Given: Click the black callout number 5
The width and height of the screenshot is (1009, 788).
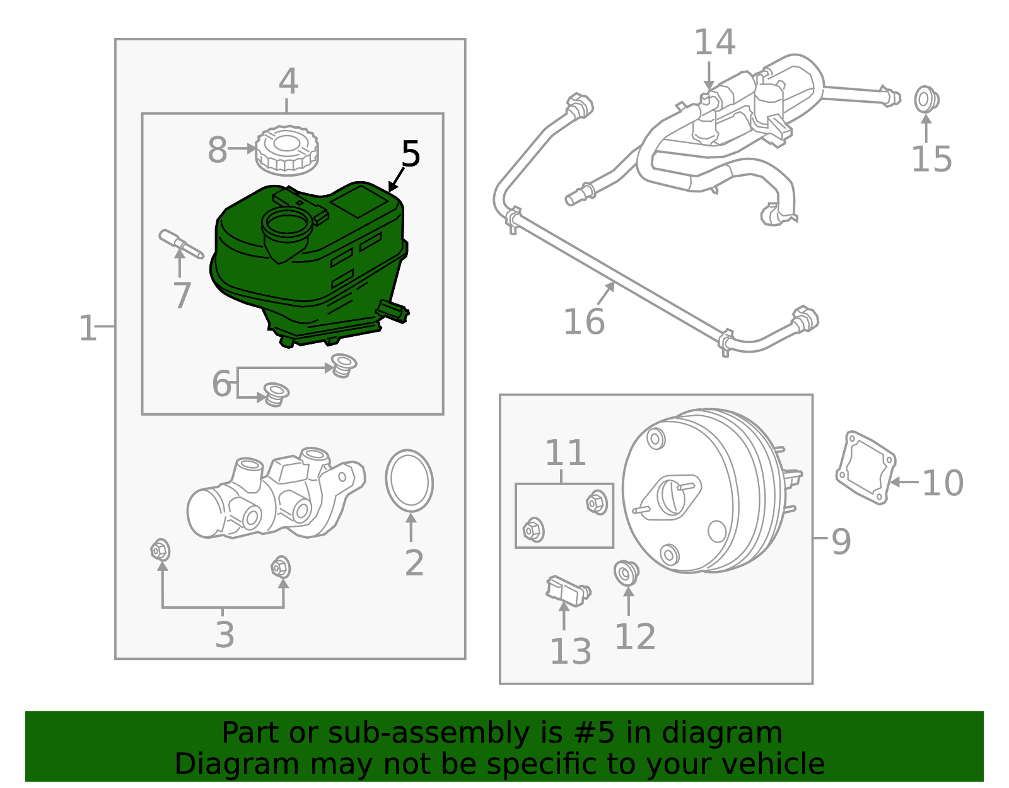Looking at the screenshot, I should (x=411, y=155).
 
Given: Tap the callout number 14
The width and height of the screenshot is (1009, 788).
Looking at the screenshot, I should (x=714, y=43).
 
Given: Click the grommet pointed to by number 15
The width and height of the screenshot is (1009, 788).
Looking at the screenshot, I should (x=926, y=100).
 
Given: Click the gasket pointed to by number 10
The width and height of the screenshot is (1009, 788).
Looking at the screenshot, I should (x=865, y=467).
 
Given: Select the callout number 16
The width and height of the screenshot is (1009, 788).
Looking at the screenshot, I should (x=583, y=322).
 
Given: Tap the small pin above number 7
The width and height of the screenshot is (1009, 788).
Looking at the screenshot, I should (x=180, y=244).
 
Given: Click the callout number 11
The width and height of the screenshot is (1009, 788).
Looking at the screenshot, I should (x=565, y=453).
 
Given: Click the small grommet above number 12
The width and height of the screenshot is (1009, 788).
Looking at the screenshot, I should (x=627, y=573).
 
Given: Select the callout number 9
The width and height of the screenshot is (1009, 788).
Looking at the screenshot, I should (x=841, y=541).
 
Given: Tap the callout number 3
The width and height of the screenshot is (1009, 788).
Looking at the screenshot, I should (x=225, y=635).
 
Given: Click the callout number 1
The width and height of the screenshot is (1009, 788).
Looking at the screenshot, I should (x=87, y=329).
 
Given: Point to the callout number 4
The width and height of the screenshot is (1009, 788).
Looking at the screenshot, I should (x=288, y=82).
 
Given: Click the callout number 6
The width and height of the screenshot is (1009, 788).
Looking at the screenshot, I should (x=221, y=384).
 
